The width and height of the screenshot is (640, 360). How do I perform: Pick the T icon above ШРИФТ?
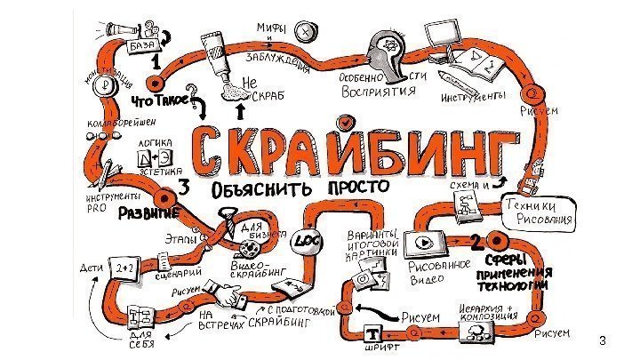[374, 334]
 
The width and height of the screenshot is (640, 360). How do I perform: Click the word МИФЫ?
[271, 30]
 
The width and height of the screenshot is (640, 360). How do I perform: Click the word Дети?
[92, 266]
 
